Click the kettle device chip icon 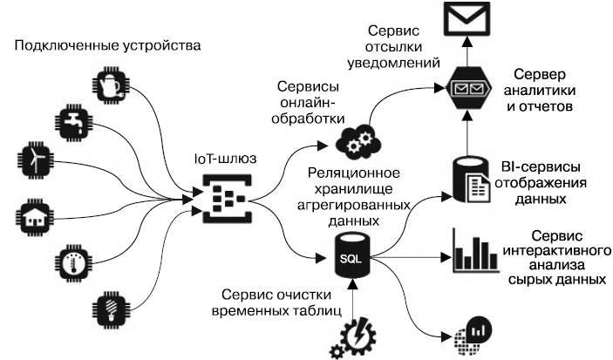click(x=111, y=85)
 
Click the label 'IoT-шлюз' click(x=224, y=160)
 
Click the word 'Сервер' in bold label click(x=539, y=74)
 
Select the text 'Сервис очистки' click(x=269, y=292)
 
